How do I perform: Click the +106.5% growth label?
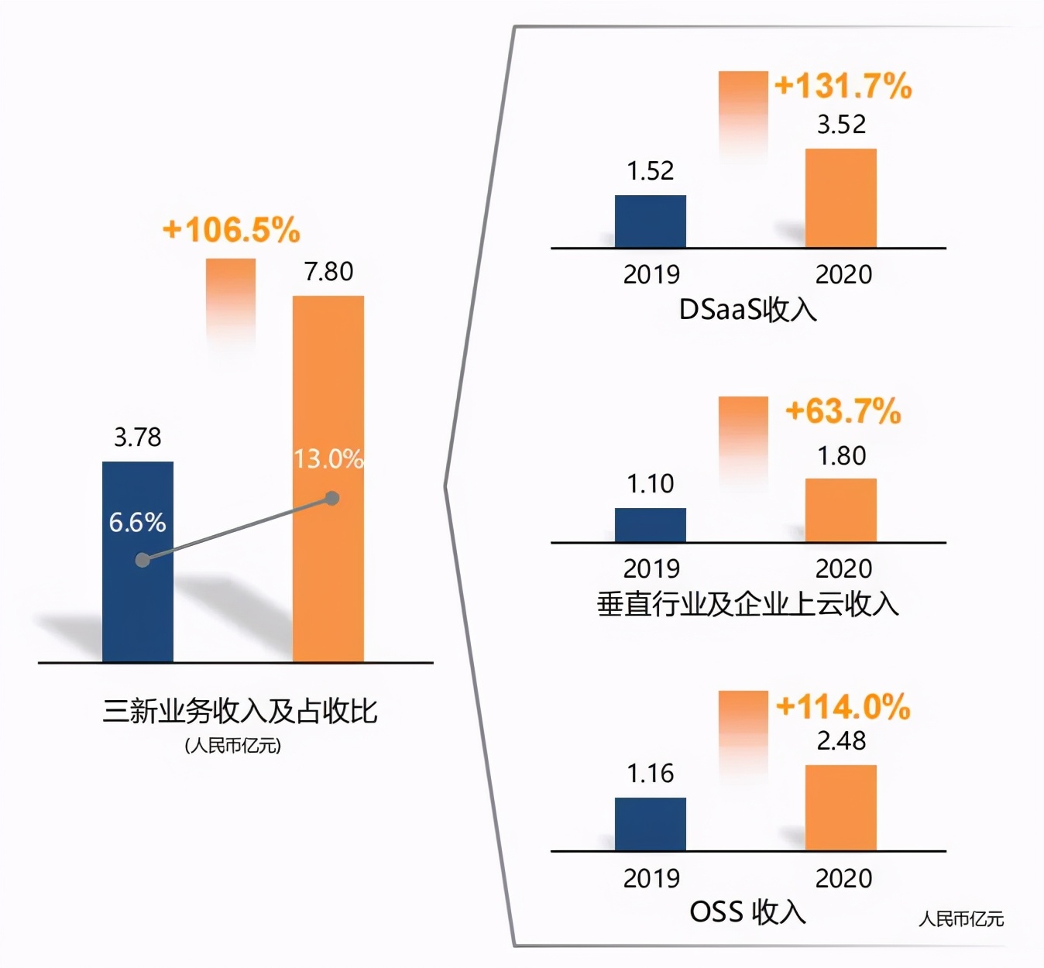(x=231, y=230)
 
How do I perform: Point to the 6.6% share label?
(x=137, y=523)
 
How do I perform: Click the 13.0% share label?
(x=328, y=459)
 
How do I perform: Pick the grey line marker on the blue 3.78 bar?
(x=143, y=560)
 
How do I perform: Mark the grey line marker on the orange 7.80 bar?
(x=332, y=498)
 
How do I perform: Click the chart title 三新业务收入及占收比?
(x=240, y=711)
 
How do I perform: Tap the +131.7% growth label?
(x=843, y=86)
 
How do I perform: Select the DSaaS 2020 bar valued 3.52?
(x=841, y=198)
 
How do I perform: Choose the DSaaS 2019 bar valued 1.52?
(x=651, y=221)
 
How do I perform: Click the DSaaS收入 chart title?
(x=748, y=310)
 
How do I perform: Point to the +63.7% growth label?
(x=843, y=411)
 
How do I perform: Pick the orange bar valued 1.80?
(x=841, y=510)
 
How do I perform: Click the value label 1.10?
(x=651, y=484)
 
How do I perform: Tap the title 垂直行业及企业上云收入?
(x=748, y=604)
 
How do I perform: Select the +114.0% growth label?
(x=843, y=706)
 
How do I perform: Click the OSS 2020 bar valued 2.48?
(x=841, y=808)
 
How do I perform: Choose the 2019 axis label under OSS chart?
(x=651, y=878)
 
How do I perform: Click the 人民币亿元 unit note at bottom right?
(x=961, y=919)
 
